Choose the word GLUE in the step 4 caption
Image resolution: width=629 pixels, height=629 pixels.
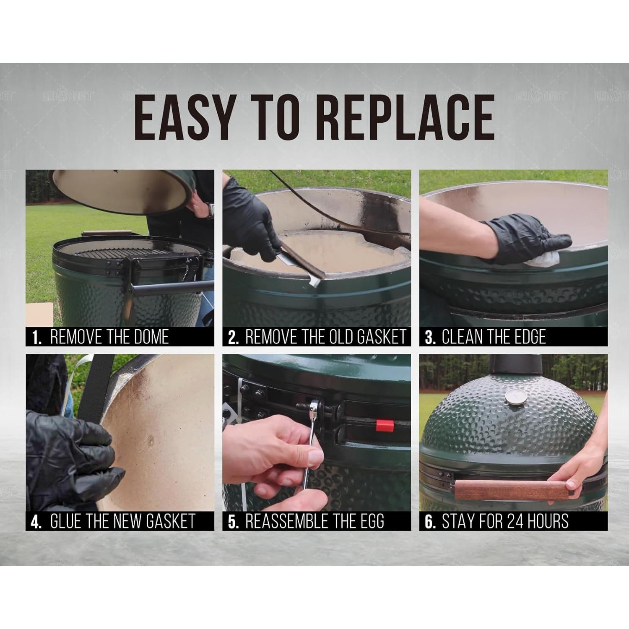pos(66,521)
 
